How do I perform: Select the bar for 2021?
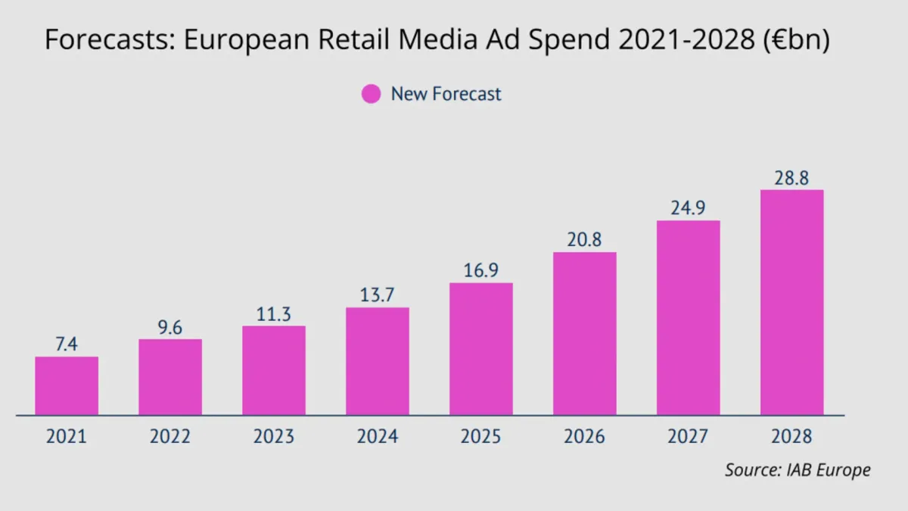pos(67,386)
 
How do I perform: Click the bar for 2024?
pos(378,361)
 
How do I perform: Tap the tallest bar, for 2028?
pos(791,303)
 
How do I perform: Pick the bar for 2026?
pos(584,333)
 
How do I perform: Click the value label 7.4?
pos(67,344)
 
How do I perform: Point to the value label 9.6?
pos(170,327)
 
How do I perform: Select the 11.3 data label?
pos(274,314)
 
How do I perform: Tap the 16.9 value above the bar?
pos(481,270)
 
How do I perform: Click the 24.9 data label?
pos(688,208)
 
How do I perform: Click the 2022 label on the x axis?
pos(170,437)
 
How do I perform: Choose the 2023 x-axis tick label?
pos(274,437)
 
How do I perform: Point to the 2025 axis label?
pos(481,437)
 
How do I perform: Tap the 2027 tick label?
pos(688,437)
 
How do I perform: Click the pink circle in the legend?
pos(371,95)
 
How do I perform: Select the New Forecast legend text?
pos(446,95)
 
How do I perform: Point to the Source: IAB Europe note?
pos(798,470)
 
